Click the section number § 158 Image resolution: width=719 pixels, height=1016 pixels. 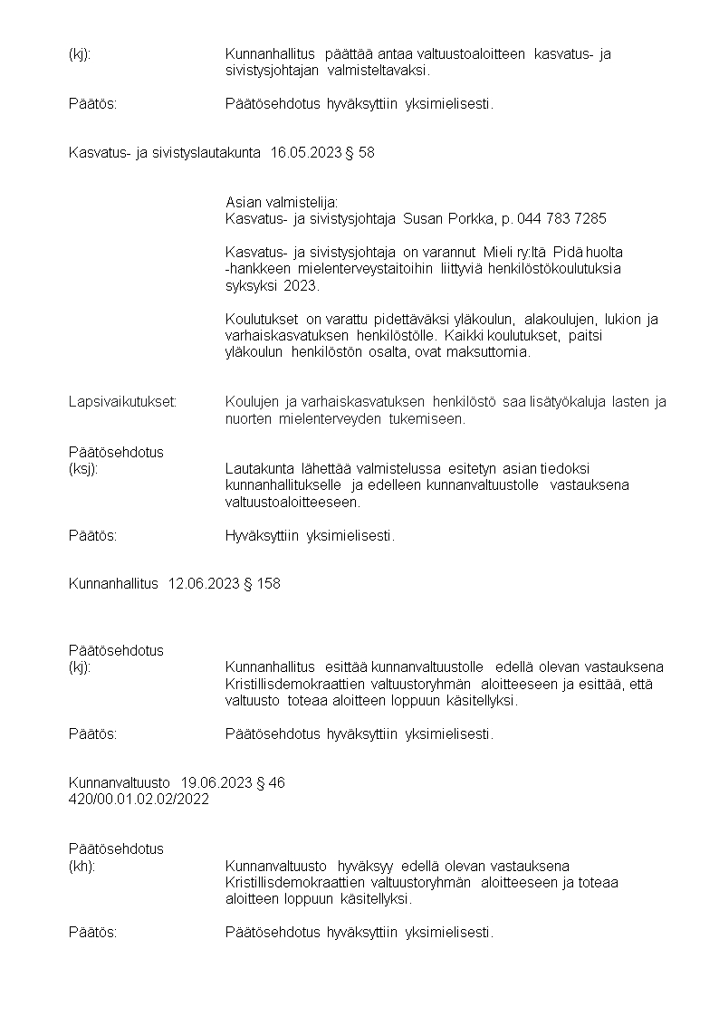tap(262, 584)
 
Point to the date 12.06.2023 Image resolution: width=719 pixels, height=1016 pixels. tap(204, 584)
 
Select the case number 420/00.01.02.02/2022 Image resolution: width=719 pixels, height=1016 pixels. tap(139, 800)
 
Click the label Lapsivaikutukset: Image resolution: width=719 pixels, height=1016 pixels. tap(122, 402)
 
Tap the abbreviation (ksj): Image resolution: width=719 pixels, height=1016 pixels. tap(83, 468)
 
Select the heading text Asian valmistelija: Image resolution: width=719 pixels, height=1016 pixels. tap(281, 202)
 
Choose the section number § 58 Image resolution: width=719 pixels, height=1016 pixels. tap(359, 153)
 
